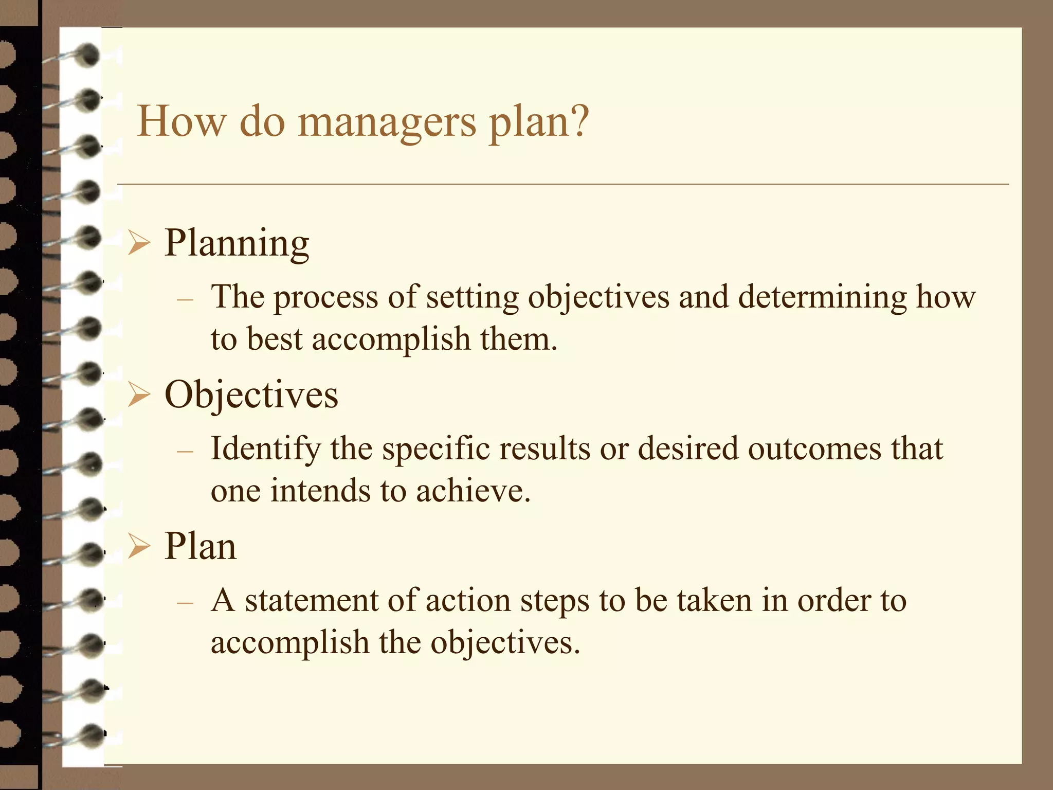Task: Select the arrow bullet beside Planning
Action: [139, 243]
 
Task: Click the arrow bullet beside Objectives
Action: [139, 395]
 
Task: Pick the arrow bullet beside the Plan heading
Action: [139, 546]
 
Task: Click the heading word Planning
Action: [237, 243]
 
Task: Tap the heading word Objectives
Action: [251, 395]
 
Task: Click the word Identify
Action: [265, 448]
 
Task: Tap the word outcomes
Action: [814, 448]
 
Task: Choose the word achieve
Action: [472, 491]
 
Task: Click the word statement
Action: [312, 601]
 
